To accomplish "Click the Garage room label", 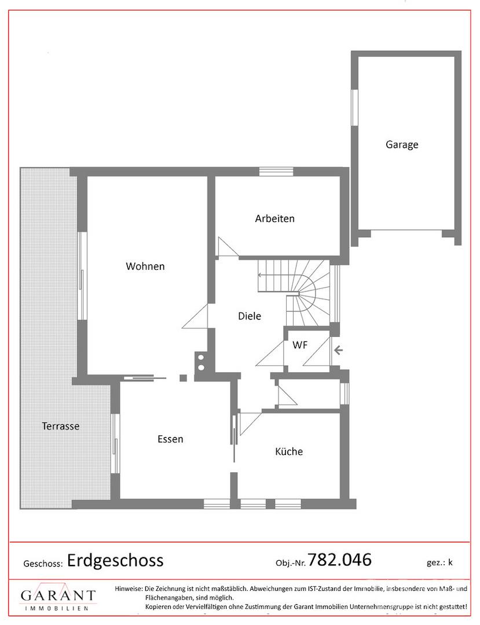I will tap(402, 145).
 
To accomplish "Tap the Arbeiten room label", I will tap(274, 219).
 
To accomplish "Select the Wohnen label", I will tap(145, 266).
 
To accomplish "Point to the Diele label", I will tap(250, 316).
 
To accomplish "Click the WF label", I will tap(299, 345).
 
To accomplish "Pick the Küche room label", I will tap(288, 451).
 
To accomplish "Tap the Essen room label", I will tap(170, 439).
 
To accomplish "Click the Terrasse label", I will tap(60, 426).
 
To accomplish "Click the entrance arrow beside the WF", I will tap(338, 350).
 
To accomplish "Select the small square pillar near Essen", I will tap(183, 378).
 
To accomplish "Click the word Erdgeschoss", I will tap(115, 560).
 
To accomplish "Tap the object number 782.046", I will tap(339, 560).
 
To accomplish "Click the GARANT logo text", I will tap(58, 595).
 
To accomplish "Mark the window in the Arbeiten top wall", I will tap(276, 171).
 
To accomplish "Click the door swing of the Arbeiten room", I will tap(226, 247).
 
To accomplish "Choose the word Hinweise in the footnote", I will tap(129, 589).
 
